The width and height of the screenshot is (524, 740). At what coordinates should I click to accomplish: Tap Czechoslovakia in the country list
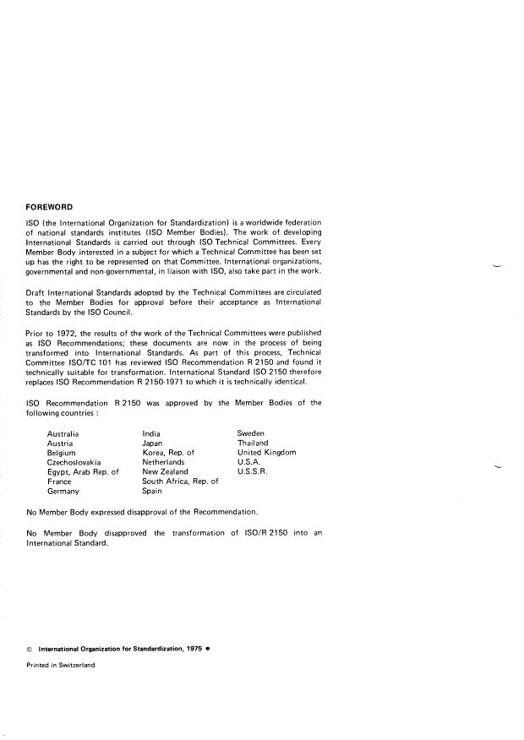[74, 462]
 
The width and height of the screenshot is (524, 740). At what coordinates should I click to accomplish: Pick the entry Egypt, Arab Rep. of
[83, 472]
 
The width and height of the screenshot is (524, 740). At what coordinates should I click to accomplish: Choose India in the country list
[152, 433]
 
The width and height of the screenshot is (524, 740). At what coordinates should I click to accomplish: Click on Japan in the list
[153, 443]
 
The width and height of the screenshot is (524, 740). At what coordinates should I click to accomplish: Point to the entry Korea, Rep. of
[168, 453]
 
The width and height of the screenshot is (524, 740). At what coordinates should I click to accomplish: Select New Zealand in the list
[165, 472]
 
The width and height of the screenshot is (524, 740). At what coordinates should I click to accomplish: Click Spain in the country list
[153, 491]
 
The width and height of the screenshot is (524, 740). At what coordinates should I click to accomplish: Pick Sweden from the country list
[251, 433]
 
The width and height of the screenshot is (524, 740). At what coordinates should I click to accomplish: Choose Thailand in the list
[253, 443]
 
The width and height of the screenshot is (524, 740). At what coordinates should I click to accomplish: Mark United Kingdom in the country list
[267, 453]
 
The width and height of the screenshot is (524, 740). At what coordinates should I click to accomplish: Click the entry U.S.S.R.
[252, 472]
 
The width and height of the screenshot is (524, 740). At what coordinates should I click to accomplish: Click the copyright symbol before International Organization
[30, 649]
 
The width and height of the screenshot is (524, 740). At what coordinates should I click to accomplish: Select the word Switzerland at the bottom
[75, 665]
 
